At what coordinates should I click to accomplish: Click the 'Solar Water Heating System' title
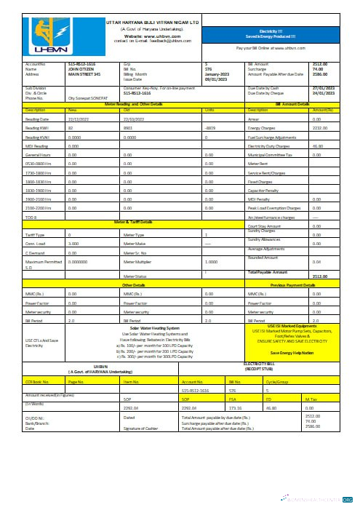(x=156, y=328)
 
